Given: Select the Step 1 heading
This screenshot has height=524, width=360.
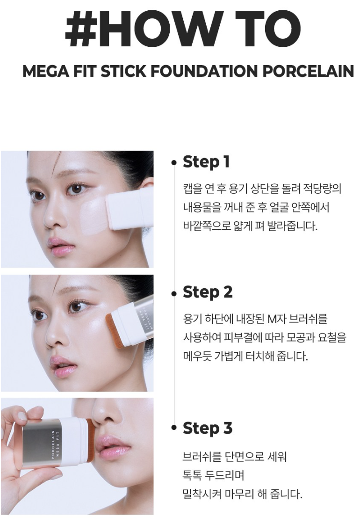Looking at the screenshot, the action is (206, 162).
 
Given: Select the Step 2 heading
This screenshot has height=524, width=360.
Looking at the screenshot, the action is (208, 292).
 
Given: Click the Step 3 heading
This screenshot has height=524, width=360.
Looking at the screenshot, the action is (208, 428).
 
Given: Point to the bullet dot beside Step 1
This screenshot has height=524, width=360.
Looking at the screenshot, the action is (173, 163).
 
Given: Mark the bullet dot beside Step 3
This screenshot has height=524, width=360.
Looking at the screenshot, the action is (173, 428).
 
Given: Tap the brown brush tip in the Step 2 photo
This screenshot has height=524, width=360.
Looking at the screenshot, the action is (113, 331).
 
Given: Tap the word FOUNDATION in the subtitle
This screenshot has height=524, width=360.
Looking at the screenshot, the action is (205, 71).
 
